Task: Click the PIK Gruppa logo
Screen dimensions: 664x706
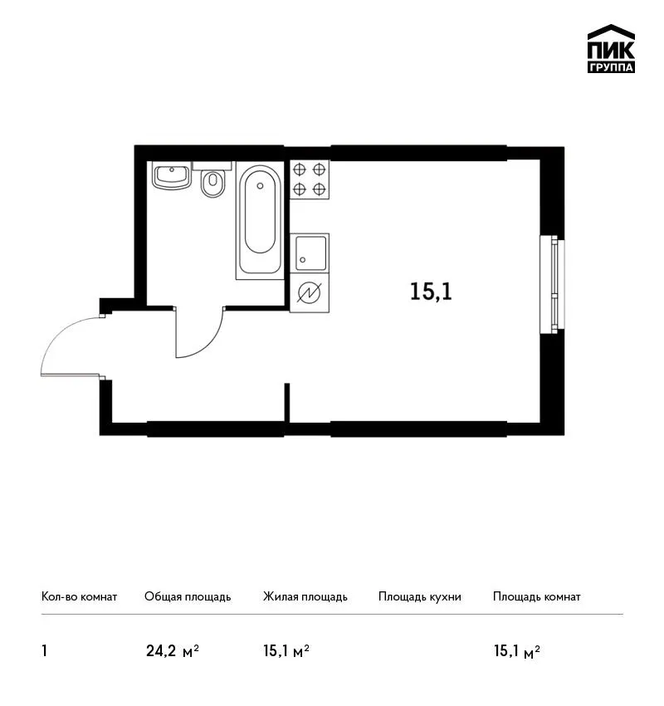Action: pyautogui.click(x=611, y=48)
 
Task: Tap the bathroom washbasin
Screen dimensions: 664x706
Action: pyautogui.click(x=172, y=175)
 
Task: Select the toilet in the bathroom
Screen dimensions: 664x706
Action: pyautogui.click(x=212, y=184)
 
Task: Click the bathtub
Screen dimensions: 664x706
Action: pyautogui.click(x=260, y=220)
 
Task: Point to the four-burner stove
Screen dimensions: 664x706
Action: pyautogui.click(x=310, y=179)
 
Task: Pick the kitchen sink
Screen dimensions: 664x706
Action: pyautogui.click(x=310, y=252)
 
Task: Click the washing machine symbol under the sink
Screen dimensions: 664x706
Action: pyautogui.click(x=310, y=292)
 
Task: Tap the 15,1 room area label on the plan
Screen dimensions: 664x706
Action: pyautogui.click(x=431, y=292)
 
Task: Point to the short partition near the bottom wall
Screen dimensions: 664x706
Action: pyautogui.click(x=287, y=403)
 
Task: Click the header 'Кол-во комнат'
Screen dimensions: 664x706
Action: pyautogui.click(x=79, y=596)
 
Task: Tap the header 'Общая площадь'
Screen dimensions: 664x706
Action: pyautogui.click(x=188, y=597)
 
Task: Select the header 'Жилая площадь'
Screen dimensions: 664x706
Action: pyautogui.click(x=305, y=597)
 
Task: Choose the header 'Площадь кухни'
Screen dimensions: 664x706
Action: pyautogui.click(x=420, y=597)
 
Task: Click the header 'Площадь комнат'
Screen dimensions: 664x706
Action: pyautogui.click(x=537, y=597)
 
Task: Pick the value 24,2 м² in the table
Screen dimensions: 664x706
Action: pyautogui.click(x=173, y=651)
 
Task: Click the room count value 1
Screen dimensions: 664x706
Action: pyautogui.click(x=44, y=651)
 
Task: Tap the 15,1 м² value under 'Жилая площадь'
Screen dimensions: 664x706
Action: pyautogui.click(x=286, y=651)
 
